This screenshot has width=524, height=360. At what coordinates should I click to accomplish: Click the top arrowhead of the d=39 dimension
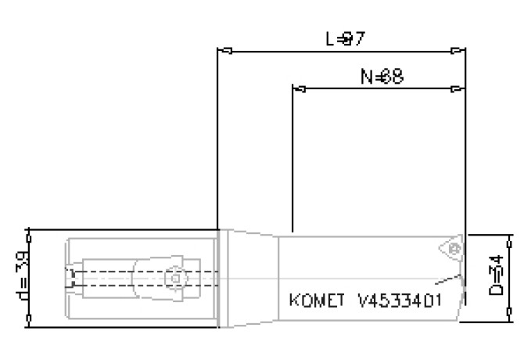(x=28, y=234)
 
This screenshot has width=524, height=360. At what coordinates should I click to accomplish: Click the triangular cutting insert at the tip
(x=452, y=250)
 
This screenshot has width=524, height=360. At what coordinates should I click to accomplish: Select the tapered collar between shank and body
(x=249, y=278)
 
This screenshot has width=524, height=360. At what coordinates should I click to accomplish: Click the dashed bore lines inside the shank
(x=117, y=278)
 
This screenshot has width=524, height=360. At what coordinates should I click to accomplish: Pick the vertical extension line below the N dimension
(x=292, y=157)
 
